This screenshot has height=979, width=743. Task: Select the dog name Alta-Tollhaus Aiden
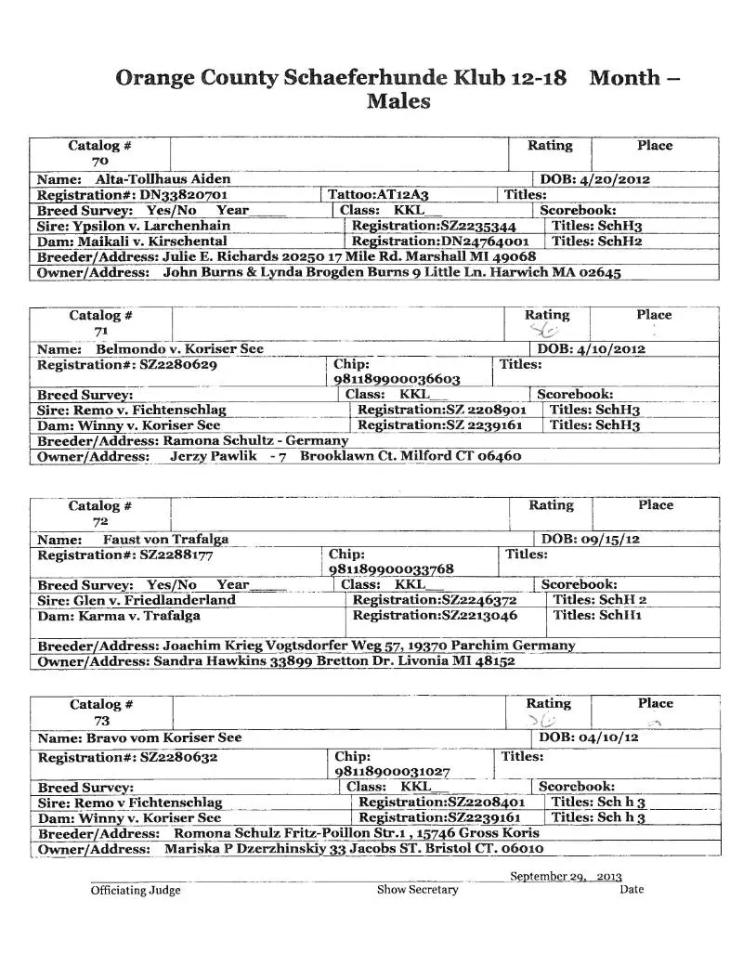[x=163, y=178]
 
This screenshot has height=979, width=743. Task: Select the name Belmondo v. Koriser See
[x=179, y=348]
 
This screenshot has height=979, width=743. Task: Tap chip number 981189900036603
[x=397, y=379]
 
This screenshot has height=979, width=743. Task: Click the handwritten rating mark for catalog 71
[x=544, y=330]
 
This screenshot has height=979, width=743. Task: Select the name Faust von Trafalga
[x=165, y=539]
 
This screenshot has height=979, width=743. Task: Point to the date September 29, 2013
[x=566, y=876]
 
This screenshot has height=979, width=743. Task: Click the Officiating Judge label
[x=136, y=890]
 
